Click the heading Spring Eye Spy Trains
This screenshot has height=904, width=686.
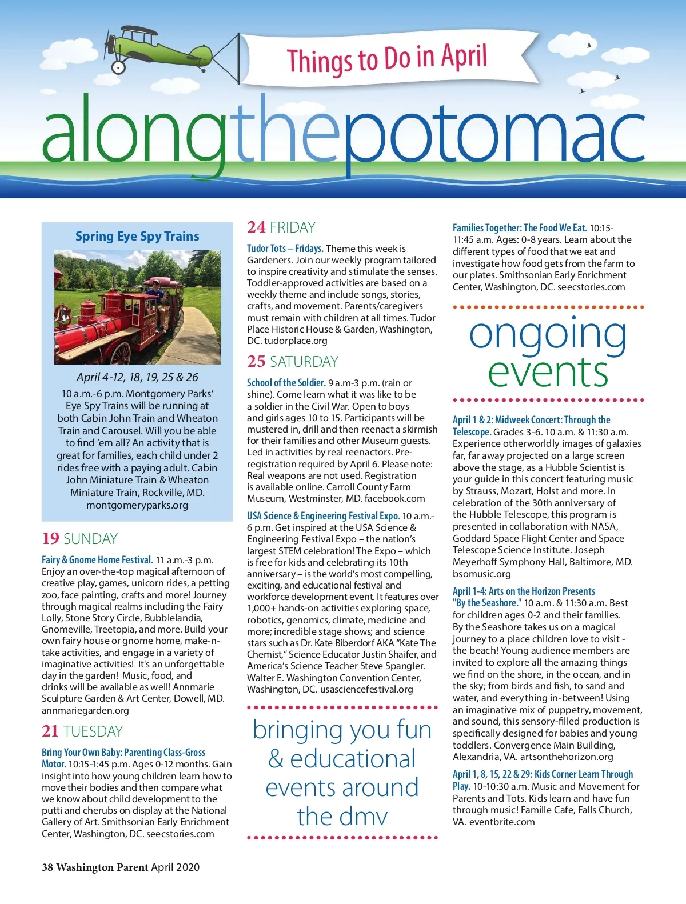[137, 236]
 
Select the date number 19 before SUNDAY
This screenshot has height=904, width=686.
[50, 539]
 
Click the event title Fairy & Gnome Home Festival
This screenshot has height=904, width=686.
[97, 560]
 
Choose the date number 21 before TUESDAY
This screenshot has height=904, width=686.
[50, 731]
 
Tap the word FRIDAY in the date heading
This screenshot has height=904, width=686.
[293, 227]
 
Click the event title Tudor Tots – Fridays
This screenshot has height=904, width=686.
[285, 249]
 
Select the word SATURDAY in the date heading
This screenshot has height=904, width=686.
[304, 362]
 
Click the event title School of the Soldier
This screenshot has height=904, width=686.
[286, 383]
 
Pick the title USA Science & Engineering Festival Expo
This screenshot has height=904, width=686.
[323, 516]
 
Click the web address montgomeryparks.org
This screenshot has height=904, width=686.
[137, 505]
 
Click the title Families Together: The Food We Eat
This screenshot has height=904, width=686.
[520, 228]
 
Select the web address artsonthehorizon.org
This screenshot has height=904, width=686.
[567, 757]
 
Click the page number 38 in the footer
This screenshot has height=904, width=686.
[47, 867]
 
